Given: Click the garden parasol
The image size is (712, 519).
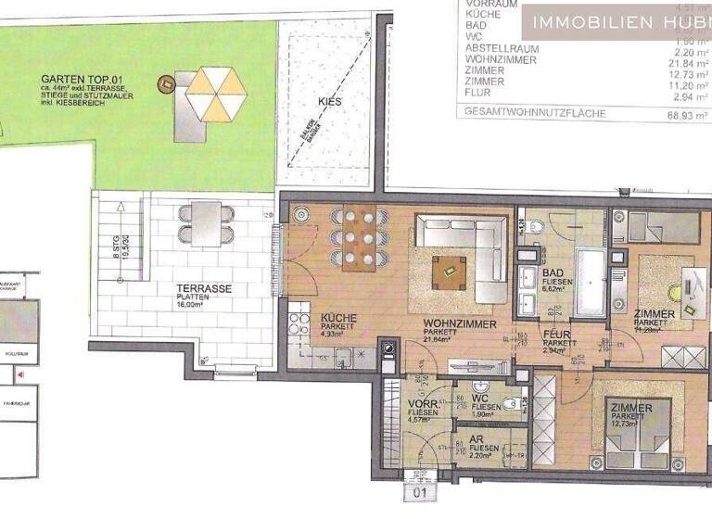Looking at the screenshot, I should pyautogui.click(x=215, y=94).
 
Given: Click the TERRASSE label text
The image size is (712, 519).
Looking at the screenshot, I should pyautogui.click(x=204, y=289).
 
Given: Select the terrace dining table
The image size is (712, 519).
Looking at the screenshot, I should pyautogui.click(x=206, y=222).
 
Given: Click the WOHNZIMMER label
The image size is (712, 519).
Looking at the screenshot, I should pyautogui.click(x=455, y=323).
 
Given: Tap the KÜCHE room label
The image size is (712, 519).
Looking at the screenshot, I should pyautogui.click(x=338, y=318).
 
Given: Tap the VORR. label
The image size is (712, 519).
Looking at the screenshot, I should pyautogui.click(x=423, y=405).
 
